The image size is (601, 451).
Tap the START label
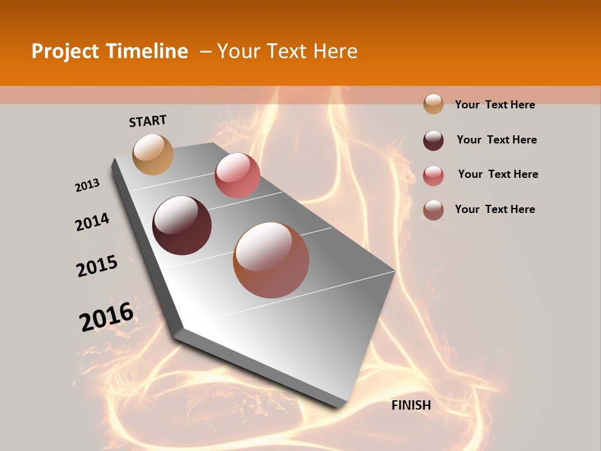(148, 120)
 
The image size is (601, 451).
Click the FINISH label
(411, 405)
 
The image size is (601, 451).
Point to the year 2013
(87, 185)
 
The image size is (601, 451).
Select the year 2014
(92, 222)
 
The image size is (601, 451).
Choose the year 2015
(97, 266)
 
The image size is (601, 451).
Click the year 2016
(106, 316)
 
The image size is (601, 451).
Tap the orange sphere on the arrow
(153, 154)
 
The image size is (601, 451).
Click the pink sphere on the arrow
(237, 175)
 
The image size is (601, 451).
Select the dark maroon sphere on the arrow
(182, 225)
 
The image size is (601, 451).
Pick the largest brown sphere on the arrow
(271, 260)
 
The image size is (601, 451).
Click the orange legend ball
(433, 104)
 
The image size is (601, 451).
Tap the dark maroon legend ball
(433, 140)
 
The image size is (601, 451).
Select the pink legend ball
(433, 175)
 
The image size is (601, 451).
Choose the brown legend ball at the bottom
(433, 210)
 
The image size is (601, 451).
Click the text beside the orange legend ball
(495, 105)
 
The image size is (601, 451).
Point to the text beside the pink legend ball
(498, 174)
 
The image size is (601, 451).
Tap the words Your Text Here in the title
(287, 51)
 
